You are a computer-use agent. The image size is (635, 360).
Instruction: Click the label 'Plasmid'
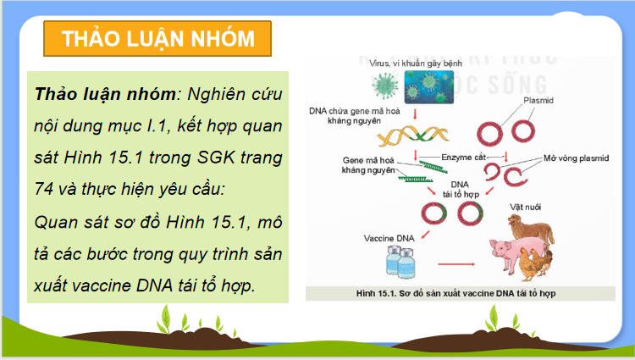click(538, 100)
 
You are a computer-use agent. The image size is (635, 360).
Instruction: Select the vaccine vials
click(406, 263)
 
